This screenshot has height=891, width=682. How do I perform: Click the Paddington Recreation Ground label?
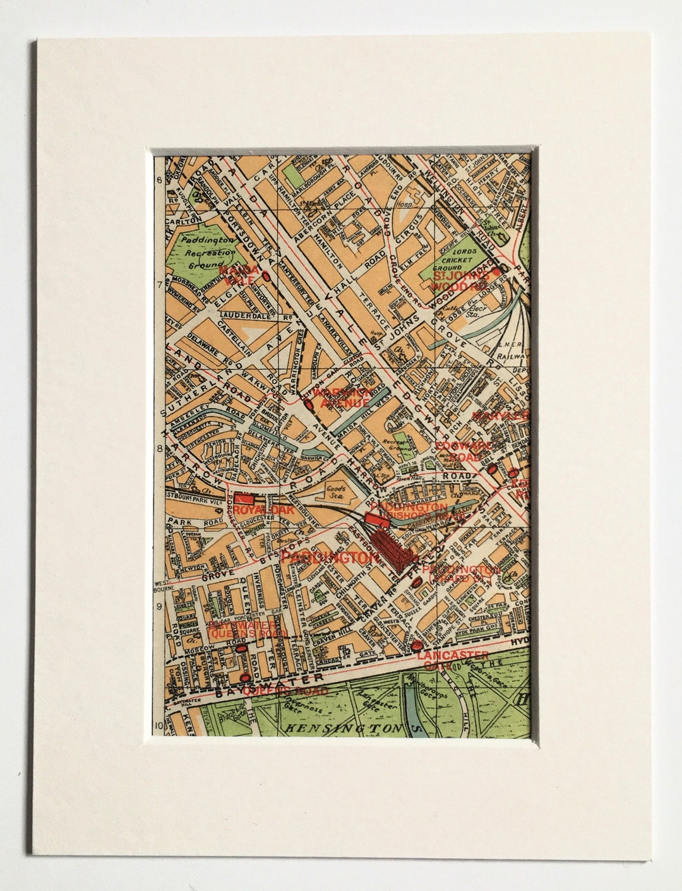pyautogui.click(x=205, y=253)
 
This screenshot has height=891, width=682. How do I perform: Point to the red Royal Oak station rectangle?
pyautogui.click(x=243, y=498)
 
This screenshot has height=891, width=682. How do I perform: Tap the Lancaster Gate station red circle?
pyautogui.click(x=416, y=645)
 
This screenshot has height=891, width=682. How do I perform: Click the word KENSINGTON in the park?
pyautogui.click(x=344, y=728)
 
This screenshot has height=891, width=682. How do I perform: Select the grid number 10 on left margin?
pyautogui.click(x=158, y=726)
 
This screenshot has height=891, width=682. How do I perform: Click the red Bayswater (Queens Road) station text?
pyautogui.click(x=248, y=629)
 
